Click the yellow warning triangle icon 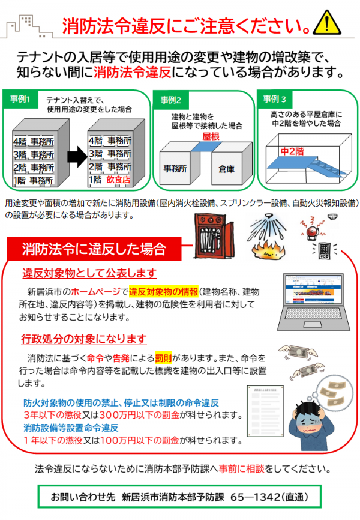tap(333, 23)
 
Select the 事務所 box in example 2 tap(176, 169)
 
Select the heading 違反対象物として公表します tap(89, 273)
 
